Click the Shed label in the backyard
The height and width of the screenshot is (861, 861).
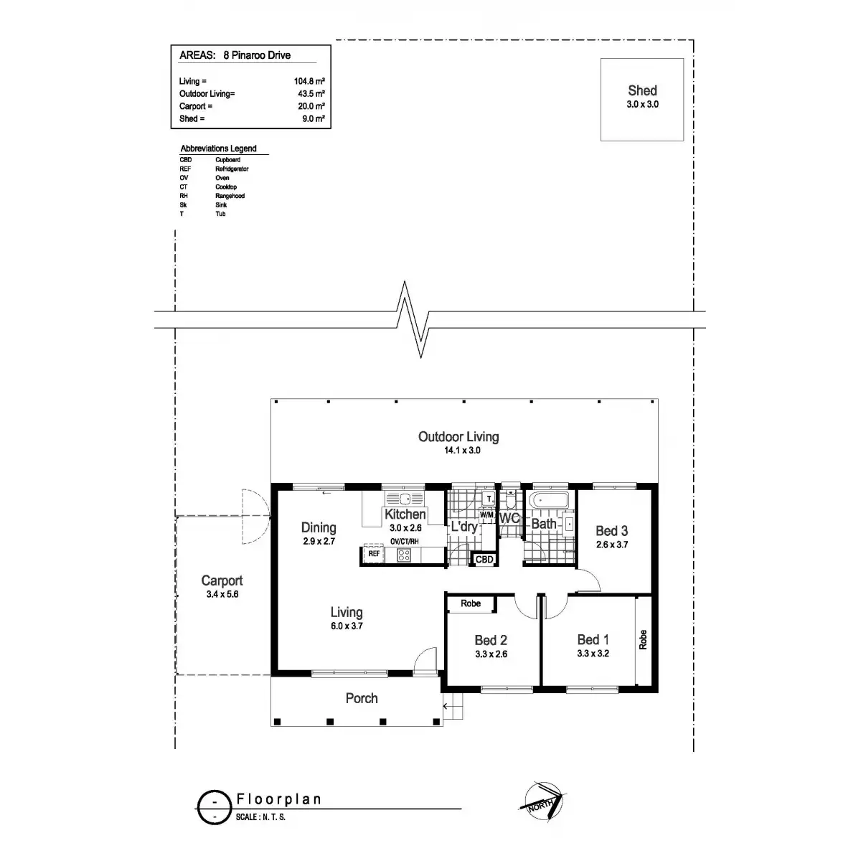[x=642, y=90]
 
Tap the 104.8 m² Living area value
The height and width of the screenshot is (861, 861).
[x=309, y=81]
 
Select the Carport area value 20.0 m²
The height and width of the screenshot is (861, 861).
[x=311, y=106]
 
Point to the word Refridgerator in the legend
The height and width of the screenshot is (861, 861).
[x=232, y=169]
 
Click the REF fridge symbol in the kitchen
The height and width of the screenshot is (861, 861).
[x=374, y=554]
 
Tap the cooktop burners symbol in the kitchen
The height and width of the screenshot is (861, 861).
[x=403, y=555]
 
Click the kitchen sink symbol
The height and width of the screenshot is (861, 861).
[x=405, y=498]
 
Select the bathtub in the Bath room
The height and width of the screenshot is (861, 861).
[x=549, y=500]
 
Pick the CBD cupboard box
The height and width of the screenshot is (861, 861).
[x=484, y=560]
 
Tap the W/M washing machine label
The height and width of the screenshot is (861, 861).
[x=486, y=514]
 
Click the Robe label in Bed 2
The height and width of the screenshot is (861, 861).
[x=471, y=603]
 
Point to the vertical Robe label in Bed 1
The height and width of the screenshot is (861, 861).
[x=643, y=640]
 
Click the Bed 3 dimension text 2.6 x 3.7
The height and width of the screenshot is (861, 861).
[x=612, y=545]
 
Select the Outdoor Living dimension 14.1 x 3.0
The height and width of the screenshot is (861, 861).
[x=462, y=451]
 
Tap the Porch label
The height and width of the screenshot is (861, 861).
[x=362, y=698]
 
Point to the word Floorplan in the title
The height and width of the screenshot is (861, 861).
[x=278, y=799]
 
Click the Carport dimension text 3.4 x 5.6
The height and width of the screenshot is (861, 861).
[x=222, y=594]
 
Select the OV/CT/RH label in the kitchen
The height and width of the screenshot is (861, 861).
[x=405, y=542]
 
